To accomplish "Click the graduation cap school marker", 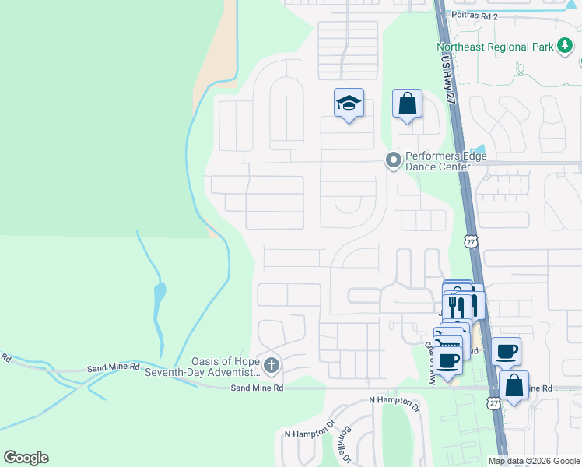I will pos(349,104).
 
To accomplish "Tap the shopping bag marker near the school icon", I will pos(407,104).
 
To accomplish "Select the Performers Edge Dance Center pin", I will pos(394,161).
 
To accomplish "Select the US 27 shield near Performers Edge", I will pos(470,242).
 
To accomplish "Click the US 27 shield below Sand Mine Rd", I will pos(493,402).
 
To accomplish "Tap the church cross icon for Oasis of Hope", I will pos(271,364).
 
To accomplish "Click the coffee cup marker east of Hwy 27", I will pos(506,350).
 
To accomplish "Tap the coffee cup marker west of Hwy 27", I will pos(448,360).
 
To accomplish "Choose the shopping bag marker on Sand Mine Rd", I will pos(514,385).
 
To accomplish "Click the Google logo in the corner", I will pos(26,458).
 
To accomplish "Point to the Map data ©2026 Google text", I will pos(533,462).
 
